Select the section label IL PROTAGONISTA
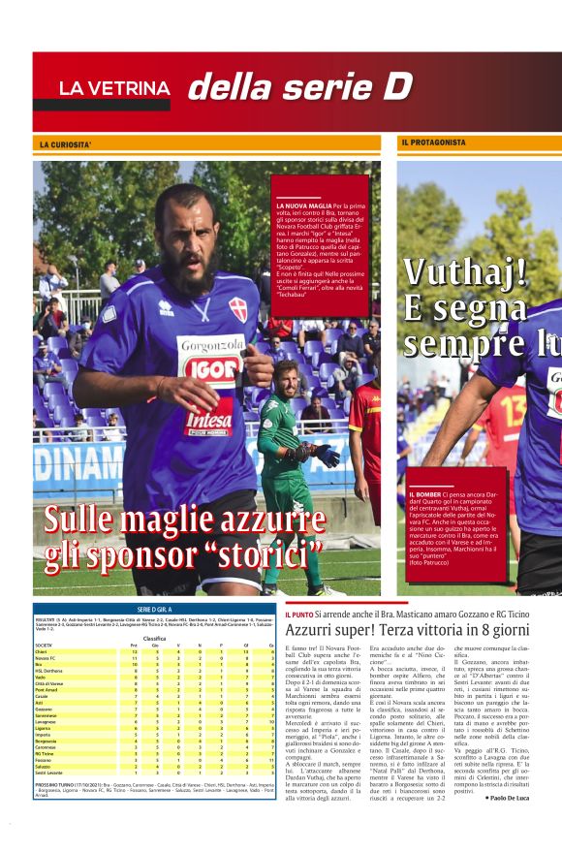coord(433,142)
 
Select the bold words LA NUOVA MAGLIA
coord(304,206)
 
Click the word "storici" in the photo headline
coord(255,553)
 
